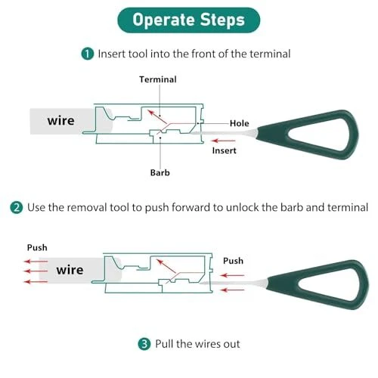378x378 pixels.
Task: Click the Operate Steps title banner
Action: (x=189, y=20)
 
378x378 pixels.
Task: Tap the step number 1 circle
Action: (x=88, y=54)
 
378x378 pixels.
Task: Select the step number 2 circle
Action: (x=17, y=208)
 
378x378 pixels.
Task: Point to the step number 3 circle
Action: (x=144, y=344)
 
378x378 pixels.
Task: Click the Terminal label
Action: (x=158, y=79)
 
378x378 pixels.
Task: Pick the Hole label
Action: (x=240, y=123)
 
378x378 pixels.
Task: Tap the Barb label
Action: (x=160, y=173)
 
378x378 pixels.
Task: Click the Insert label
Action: (x=225, y=150)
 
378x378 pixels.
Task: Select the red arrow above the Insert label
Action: (x=224, y=141)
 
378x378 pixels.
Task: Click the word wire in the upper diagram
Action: (x=61, y=121)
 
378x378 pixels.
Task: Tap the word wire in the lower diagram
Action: (x=70, y=270)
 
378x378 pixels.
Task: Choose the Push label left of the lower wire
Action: (x=37, y=248)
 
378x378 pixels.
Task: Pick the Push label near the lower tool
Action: (x=234, y=261)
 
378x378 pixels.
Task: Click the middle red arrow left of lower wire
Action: (x=36, y=271)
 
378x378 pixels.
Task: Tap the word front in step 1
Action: (x=204, y=54)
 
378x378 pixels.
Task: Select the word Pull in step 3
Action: (x=164, y=344)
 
